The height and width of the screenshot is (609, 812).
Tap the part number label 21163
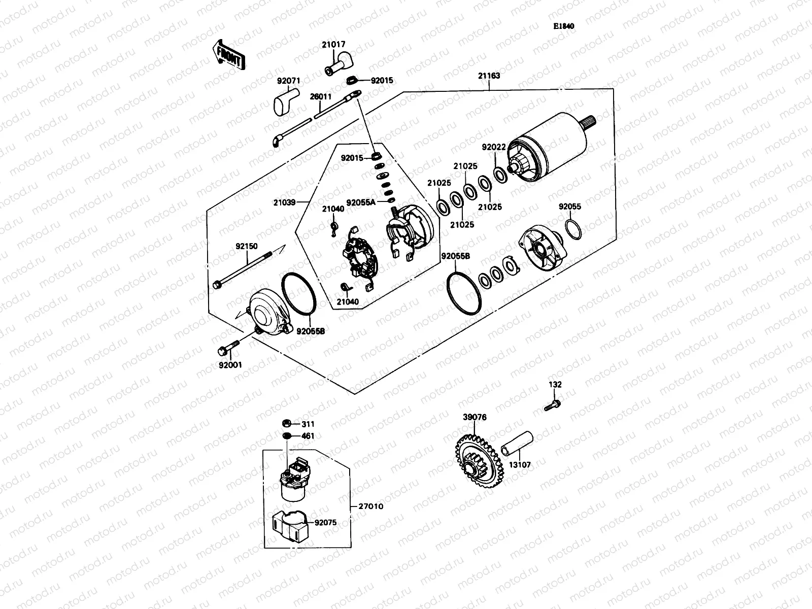[x=489, y=76]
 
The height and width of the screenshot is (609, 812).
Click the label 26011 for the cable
[x=321, y=96]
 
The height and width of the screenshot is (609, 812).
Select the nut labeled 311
[x=286, y=424]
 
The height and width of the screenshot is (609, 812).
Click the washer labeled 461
[x=286, y=436]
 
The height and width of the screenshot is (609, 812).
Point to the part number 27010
[x=371, y=506]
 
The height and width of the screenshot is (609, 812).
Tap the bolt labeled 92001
[x=227, y=349]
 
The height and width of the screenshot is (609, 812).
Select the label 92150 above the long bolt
[x=246, y=246]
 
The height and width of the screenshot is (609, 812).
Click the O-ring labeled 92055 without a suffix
[x=573, y=229]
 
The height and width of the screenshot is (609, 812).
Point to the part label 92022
[x=494, y=148]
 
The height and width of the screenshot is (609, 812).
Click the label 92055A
[x=361, y=202]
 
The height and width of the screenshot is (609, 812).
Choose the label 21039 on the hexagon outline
[x=285, y=202]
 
